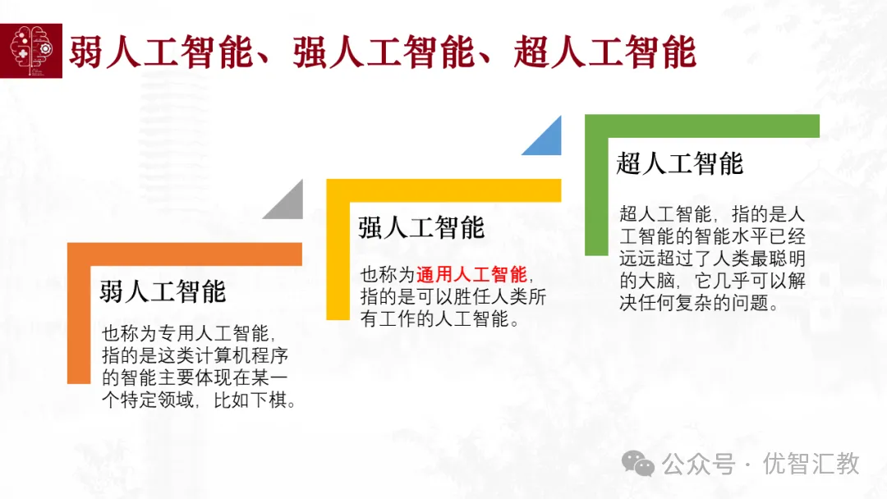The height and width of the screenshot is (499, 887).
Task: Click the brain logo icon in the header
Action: coord(31,51)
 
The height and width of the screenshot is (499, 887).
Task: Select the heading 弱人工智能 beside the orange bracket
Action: coord(163,291)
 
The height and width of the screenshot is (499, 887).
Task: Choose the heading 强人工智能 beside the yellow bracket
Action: coord(421,227)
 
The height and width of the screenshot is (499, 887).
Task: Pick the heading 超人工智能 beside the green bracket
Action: coord(679,164)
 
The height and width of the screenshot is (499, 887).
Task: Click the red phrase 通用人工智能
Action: coord(471,275)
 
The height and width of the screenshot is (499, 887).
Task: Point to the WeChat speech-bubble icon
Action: coord(638,464)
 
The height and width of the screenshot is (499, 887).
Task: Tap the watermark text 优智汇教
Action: coord(811,464)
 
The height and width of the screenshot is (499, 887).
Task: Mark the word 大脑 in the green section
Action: coord(656,281)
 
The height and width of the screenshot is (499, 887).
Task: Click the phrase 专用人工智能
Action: coord(214,333)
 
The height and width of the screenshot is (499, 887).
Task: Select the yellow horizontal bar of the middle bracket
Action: coord(444,190)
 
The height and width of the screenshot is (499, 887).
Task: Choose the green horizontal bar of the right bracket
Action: coord(702,126)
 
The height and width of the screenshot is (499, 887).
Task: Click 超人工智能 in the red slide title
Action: coord(604,52)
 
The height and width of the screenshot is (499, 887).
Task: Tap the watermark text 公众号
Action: coord(699,464)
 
